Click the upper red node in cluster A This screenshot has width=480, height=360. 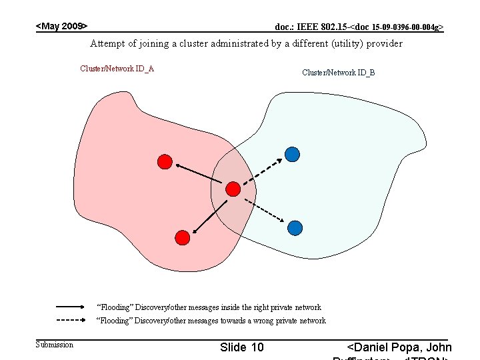[165, 161]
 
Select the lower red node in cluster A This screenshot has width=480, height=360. [181, 236]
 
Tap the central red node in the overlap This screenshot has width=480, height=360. [233, 189]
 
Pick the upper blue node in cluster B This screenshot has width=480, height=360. [291, 155]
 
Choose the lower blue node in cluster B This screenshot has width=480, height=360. [295, 228]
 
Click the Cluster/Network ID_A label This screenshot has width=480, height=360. [117, 68]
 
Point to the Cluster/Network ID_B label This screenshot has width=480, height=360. [338, 72]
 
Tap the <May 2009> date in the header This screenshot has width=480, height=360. [61, 26]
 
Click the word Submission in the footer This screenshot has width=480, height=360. [54, 344]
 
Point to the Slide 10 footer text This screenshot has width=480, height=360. [241, 347]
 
